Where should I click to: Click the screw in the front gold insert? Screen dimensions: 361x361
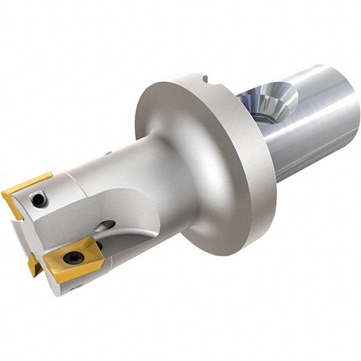pos(73,258)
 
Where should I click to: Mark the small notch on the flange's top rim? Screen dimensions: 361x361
pos(205,78)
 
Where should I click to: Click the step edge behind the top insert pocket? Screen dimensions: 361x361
pos(60,180)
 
